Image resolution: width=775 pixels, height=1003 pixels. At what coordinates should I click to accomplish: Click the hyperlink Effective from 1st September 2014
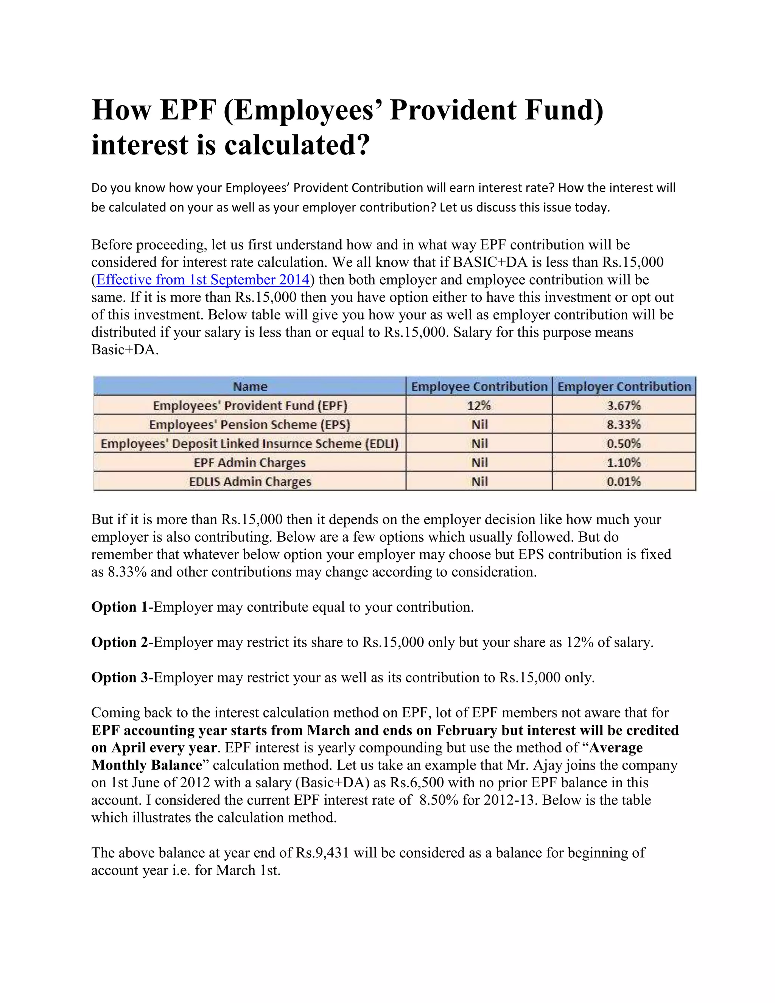click(x=202, y=280)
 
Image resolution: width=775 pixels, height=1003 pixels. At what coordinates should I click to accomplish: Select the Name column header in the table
click(x=250, y=387)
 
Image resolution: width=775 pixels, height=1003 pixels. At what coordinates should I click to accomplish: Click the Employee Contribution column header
click(x=479, y=387)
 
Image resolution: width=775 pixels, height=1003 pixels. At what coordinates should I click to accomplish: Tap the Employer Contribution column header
click(x=624, y=387)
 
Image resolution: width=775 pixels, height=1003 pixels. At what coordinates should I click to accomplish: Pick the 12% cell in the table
click(x=479, y=405)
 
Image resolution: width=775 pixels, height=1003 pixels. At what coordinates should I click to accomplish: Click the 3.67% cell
click(x=624, y=405)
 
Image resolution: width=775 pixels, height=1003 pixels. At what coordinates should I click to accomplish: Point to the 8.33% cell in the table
click(x=624, y=424)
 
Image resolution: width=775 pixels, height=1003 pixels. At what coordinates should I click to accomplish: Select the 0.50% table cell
click(x=624, y=444)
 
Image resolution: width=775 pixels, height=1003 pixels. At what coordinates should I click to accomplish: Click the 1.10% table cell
click(x=624, y=463)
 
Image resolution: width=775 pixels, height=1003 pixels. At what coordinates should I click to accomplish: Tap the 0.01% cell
click(x=624, y=482)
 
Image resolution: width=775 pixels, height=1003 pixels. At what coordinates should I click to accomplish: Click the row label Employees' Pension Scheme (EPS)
click(x=250, y=424)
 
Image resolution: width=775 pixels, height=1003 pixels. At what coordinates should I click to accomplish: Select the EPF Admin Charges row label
click(x=250, y=463)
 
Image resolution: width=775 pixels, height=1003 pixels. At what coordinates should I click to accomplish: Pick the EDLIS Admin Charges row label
click(x=250, y=482)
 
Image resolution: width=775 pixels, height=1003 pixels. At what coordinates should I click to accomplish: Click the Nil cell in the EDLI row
click(x=479, y=444)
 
